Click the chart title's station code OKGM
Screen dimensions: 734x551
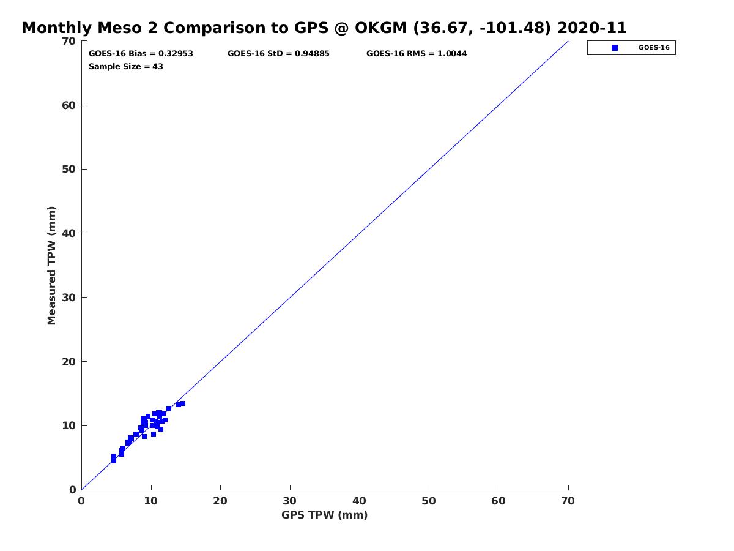pos(380,28)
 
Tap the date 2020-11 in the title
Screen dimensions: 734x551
pos(592,28)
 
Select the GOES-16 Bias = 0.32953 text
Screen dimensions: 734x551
pos(141,53)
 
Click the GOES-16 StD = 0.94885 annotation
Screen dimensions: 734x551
pos(278,53)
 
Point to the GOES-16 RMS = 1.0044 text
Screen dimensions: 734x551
pos(417,53)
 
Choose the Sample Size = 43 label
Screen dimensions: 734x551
pos(126,66)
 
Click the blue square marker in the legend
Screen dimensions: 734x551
pos(615,48)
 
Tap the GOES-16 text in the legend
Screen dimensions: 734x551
pos(654,48)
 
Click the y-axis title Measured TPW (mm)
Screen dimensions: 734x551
pos(51,265)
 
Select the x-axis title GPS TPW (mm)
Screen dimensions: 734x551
pos(324,514)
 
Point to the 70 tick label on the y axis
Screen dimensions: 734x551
pos(69,41)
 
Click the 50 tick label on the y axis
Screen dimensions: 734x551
pos(69,169)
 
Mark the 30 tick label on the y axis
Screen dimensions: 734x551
pos(69,297)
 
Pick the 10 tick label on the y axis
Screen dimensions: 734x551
pos(69,425)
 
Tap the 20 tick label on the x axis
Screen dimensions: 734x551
pos(220,501)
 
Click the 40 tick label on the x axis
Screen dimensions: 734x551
pos(359,501)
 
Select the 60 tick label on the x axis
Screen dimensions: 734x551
pos(499,501)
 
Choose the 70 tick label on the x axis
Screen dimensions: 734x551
pos(568,501)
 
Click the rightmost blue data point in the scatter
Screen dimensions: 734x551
pos(182,403)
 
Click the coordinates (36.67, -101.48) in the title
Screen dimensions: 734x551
pos(482,28)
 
